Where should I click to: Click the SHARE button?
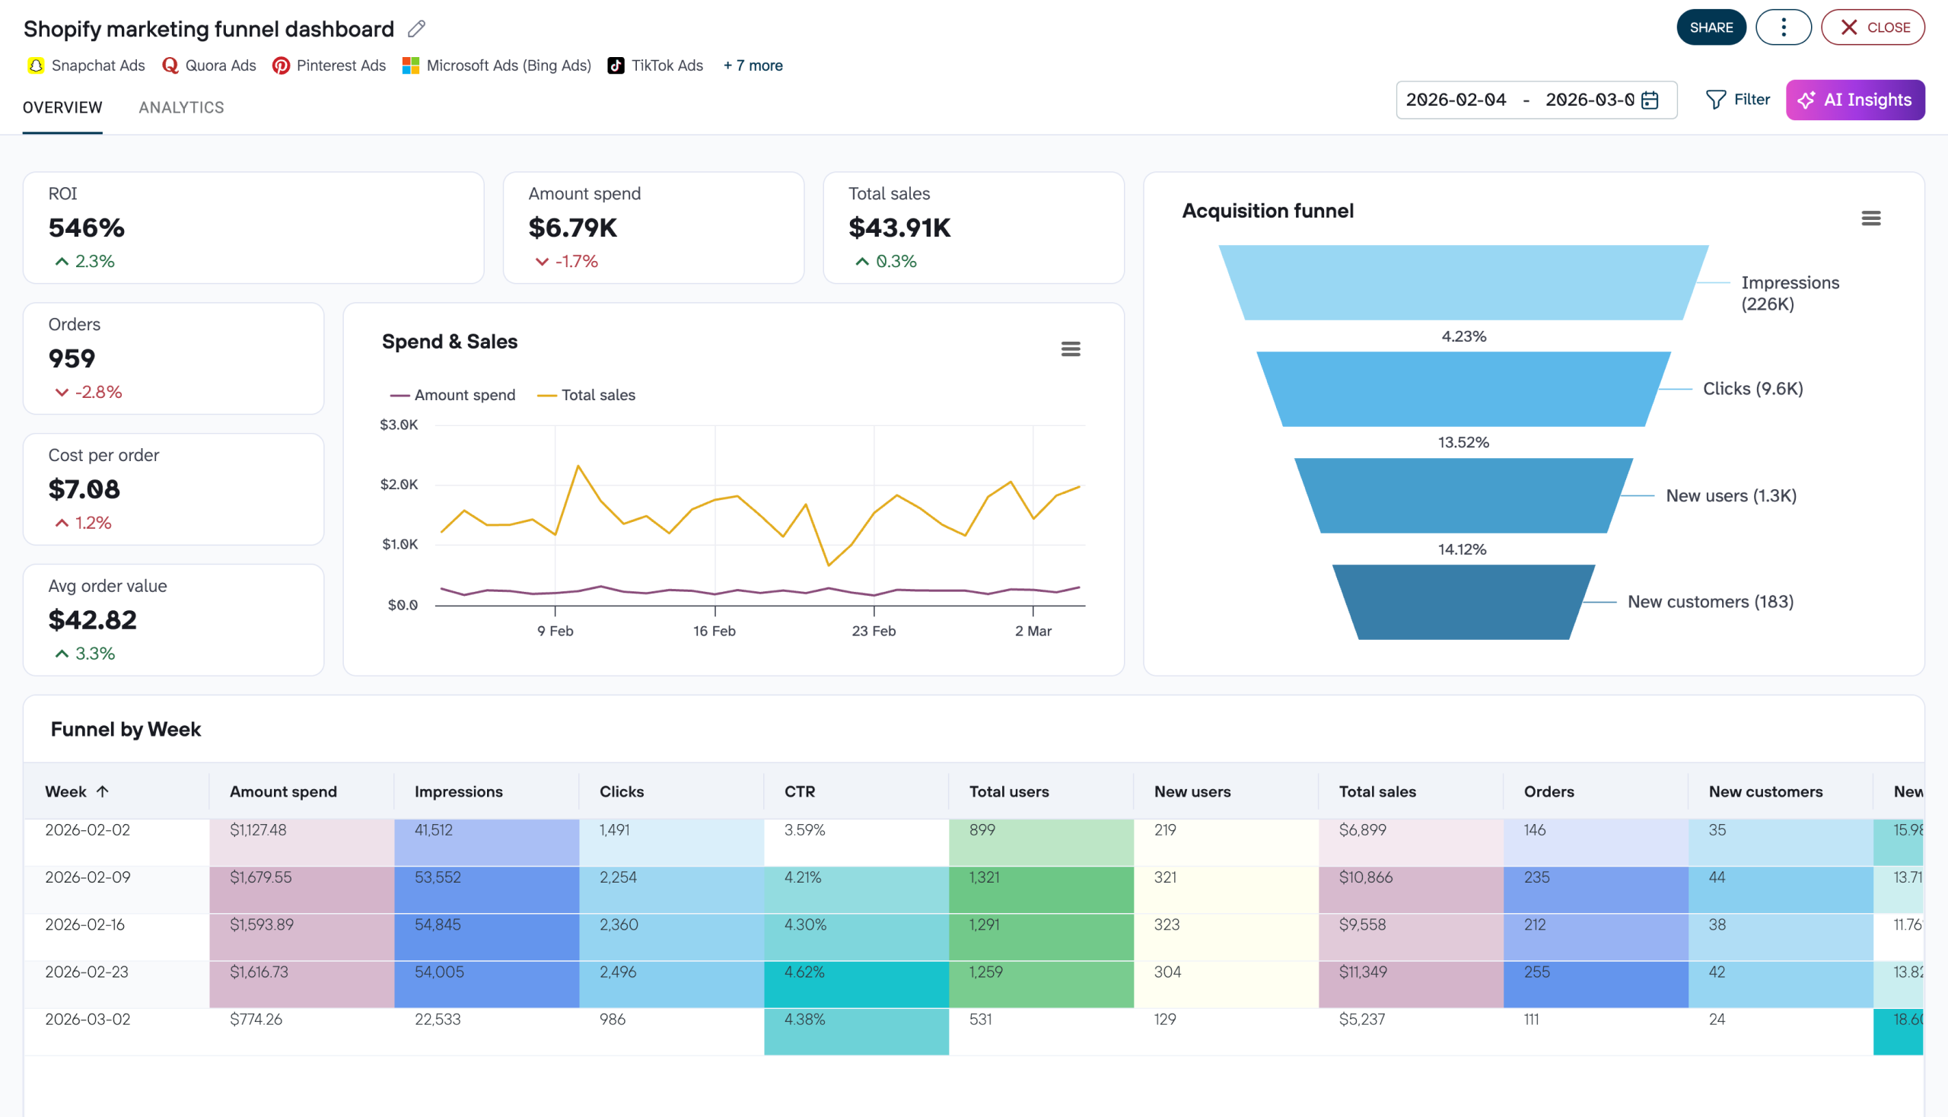tap(1710, 27)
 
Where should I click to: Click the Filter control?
tap(1738, 100)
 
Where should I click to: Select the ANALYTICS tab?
tap(181, 107)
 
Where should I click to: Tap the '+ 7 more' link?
tap(753, 66)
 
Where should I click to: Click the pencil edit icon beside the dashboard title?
tap(415, 29)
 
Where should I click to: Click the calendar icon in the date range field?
tap(1650, 100)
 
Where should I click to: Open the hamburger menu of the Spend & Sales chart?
tap(1071, 349)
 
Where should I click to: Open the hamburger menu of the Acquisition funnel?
tap(1870, 218)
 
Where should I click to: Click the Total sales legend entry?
tap(587, 395)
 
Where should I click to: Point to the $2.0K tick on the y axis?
tap(399, 485)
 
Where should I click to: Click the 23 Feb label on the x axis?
tap(873, 631)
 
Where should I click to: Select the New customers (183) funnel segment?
tap(1463, 602)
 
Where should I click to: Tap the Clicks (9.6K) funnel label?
tap(1752, 389)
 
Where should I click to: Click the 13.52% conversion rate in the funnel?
tap(1463, 443)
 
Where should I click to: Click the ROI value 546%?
tap(86, 228)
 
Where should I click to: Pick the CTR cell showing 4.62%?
tap(804, 972)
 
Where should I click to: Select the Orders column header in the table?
tap(1549, 792)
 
